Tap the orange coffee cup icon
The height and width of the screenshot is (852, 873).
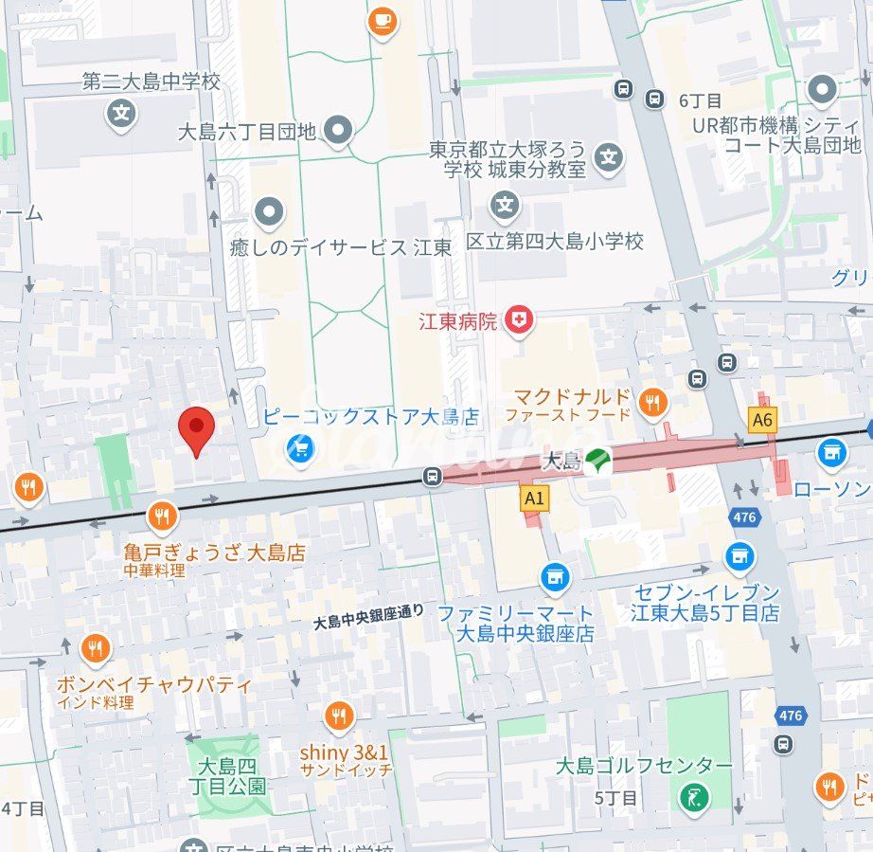383,20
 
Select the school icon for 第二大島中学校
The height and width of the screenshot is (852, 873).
121,115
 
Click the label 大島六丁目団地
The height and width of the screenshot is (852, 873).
247,132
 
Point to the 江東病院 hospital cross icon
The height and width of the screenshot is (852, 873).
518,320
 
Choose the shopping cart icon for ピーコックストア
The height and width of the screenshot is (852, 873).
300,449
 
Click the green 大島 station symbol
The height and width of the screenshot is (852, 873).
597,462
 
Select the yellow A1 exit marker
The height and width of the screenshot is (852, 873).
534,497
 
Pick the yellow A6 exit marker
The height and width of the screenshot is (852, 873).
761,420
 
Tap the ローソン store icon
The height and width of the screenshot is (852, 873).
831,452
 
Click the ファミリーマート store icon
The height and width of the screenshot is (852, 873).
555,576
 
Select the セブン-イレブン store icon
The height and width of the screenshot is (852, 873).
739,556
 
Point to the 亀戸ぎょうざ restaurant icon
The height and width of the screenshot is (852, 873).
162,517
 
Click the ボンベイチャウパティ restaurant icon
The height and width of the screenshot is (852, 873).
95,649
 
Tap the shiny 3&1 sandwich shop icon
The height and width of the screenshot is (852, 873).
339,716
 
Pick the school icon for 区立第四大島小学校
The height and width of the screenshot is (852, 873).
506,204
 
